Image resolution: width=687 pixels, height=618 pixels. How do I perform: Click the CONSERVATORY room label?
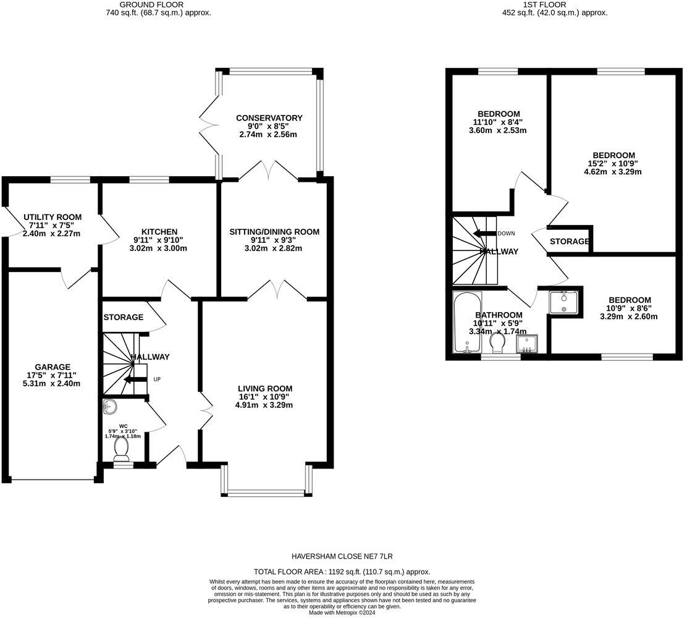[269, 118]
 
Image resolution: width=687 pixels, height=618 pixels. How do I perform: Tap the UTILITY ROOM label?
[53, 217]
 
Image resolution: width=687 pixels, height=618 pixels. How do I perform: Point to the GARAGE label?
[53, 366]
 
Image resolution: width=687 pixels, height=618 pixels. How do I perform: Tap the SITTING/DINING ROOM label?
[274, 232]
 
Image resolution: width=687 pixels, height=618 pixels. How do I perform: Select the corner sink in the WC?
[110, 406]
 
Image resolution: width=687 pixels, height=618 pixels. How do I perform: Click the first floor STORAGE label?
[570, 242]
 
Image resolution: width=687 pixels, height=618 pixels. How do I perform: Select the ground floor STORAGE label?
[124, 318]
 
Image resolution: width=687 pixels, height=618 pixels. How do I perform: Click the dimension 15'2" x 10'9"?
[613, 164]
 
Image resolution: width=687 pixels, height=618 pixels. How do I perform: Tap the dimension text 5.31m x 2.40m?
[53, 383]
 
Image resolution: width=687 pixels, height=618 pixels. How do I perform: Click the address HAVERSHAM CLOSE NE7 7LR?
[342, 556]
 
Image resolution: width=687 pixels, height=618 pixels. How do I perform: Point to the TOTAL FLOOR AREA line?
[342, 572]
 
